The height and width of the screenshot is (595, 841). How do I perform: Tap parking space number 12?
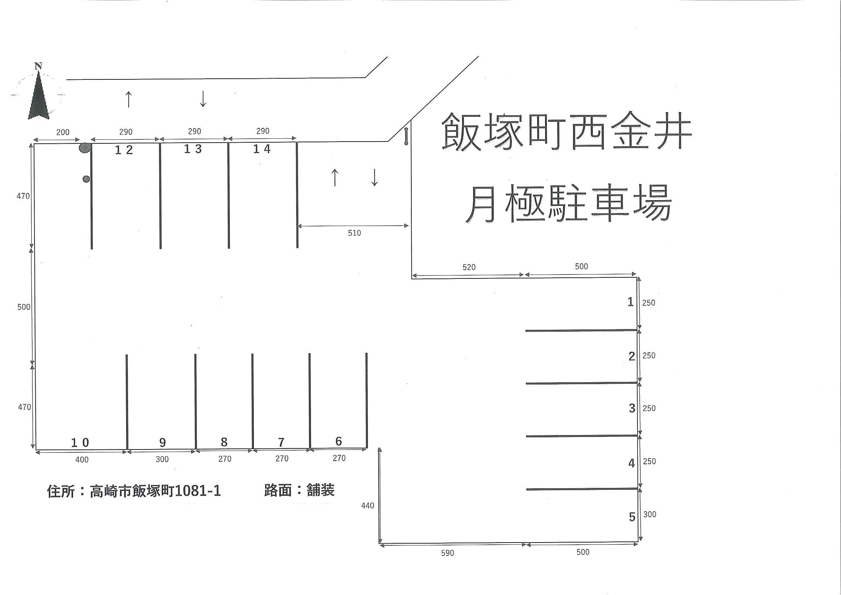(x=124, y=150)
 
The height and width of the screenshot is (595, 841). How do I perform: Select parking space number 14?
(x=262, y=149)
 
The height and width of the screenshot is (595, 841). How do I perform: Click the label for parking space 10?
(x=80, y=443)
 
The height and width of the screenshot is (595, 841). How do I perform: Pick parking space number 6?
(x=339, y=441)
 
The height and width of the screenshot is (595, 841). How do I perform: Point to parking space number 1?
(x=631, y=302)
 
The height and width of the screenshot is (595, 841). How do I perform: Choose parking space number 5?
(x=632, y=517)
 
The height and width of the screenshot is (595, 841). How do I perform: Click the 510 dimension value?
(x=354, y=233)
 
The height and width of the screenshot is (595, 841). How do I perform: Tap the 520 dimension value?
(x=469, y=267)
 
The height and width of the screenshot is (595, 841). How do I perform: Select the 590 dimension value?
(x=447, y=553)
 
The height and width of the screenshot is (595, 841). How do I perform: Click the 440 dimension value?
(x=367, y=506)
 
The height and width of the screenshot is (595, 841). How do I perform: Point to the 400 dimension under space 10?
(x=82, y=460)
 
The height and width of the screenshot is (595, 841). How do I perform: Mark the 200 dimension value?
(x=63, y=132)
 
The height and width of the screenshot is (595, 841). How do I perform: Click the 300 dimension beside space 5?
(x=650, y=515)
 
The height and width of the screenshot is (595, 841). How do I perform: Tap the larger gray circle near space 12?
(x=85, y=148)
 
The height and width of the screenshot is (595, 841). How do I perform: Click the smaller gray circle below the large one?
(x=87, y=179)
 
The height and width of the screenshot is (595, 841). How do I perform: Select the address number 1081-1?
(x=198, y=491)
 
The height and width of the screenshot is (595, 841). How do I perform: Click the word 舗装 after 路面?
(x=321, y=490)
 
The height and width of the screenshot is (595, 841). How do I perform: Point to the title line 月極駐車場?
(x=568, y=203)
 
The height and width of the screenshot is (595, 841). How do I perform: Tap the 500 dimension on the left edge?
(x=24, y=307)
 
